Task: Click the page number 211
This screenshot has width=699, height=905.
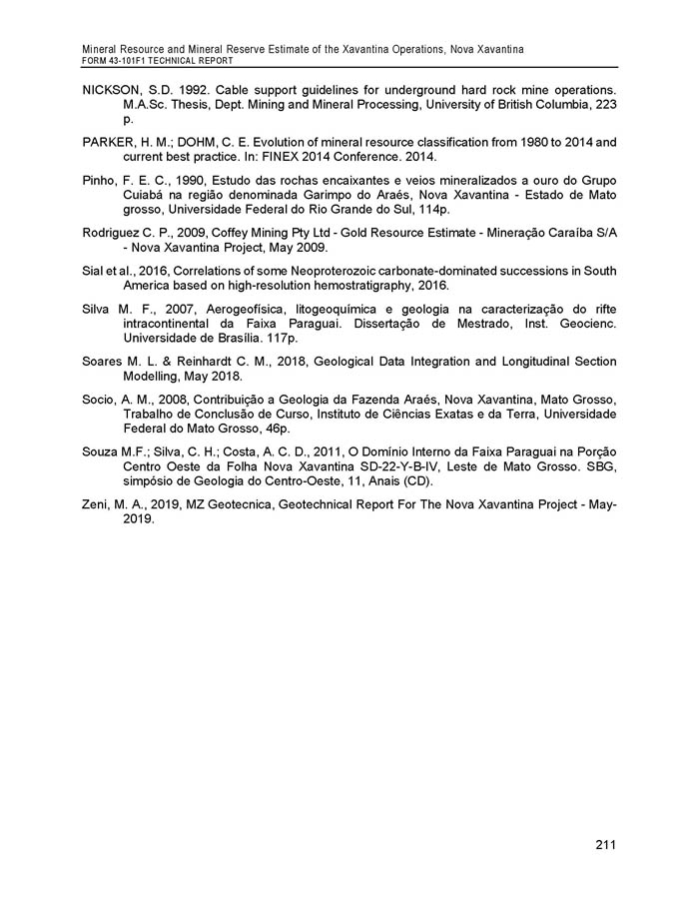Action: (604, 846)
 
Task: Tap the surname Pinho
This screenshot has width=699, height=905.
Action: (100, 180)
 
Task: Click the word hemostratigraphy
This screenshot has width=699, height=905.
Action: (356, 286)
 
